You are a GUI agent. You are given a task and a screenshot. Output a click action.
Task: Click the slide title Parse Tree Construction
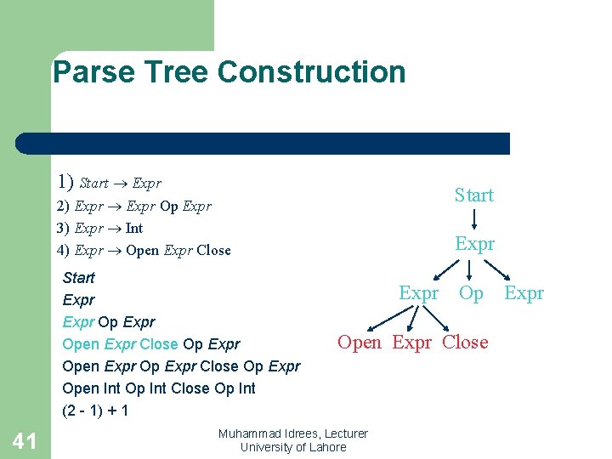229,72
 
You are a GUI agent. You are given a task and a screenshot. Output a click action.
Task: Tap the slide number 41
25,439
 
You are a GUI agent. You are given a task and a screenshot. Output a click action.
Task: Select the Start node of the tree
473,195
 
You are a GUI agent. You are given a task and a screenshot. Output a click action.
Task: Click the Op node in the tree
471,293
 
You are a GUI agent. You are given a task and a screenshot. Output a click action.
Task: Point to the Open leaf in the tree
360,343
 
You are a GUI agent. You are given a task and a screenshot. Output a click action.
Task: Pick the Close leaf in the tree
465,343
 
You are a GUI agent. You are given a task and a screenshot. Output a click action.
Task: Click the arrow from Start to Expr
474,220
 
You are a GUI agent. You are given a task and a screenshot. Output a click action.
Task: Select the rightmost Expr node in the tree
524,293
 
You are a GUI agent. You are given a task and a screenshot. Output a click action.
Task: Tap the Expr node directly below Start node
474,245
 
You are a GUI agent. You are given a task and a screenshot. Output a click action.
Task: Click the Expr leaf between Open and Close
411,343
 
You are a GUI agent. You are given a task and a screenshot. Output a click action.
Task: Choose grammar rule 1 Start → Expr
109,182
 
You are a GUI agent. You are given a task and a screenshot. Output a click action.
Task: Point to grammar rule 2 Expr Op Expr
133,206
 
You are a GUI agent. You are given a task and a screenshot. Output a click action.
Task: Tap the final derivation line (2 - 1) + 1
95,411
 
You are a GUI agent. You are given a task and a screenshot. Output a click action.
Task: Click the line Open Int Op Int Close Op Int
159,388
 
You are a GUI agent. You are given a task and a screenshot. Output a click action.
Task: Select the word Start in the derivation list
79,278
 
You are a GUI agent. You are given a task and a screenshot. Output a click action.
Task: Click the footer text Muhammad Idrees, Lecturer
292,433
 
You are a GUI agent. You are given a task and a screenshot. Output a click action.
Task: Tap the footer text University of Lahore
292,447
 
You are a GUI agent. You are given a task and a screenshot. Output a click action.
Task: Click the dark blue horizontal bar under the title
263,143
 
